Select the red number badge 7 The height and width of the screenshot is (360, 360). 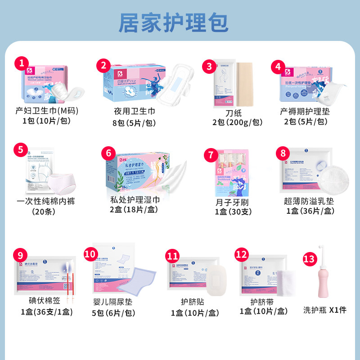pos(210,155)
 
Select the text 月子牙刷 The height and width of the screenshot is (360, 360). pos(232,202)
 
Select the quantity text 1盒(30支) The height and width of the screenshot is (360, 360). pos(232,212)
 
